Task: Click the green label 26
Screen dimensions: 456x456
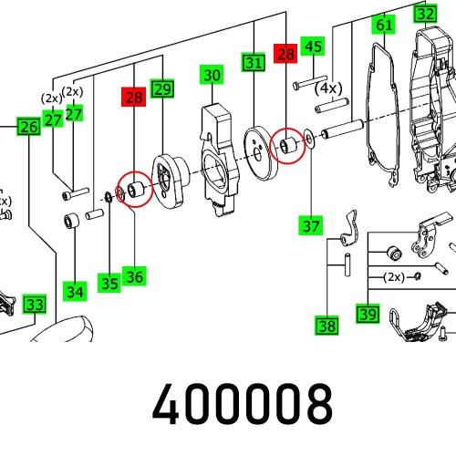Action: pyautogui.click(x=29, y=127)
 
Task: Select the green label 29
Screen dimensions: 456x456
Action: pyautogui.click(x=162, y=88)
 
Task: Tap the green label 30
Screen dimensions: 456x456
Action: pyautogui.click(x=212, y=75)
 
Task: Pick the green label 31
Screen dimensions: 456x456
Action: pyautogui.click(x=254, y=62)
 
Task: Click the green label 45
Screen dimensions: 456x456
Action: pyautogui.click(x=313, y=47)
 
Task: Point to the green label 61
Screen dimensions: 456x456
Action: pyautogui.click(x=384, y=25)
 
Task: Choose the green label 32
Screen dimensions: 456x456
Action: pyautogui.click(x=425, y=14)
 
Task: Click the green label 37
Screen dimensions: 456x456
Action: pyautogui.click(x=311, y=225)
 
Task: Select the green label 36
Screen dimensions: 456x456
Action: pyautogui.click(x=134, y=276)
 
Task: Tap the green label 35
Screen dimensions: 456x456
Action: pyautogui.click(x=109, y=283)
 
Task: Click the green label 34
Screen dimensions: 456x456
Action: pyautogui.click(x=75, y=291)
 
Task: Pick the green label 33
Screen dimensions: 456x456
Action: pyautogui.click(x=35, y=304)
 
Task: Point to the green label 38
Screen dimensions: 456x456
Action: pyautogui.click(x=326, y=326)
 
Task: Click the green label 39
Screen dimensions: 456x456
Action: pyautogui.click(x=368, y=314)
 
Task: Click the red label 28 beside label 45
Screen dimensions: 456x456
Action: pyautogui.click(x=285, y=54)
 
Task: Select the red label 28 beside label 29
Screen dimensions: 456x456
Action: pyautogui.click(x=134, y=97)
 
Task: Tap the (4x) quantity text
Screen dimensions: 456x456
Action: pyautogui.click(x=328, y=88)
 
